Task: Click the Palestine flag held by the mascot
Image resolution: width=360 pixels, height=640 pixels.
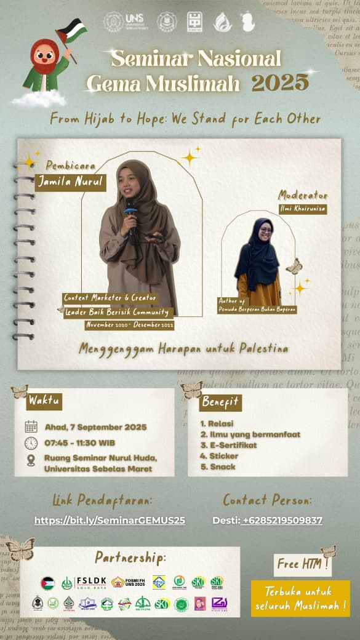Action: point(73,31)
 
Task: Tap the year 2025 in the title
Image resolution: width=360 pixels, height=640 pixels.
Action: point(280,82)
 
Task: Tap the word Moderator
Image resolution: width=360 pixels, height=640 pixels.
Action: point(303,196)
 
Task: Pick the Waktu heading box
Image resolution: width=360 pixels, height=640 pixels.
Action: point(44,401)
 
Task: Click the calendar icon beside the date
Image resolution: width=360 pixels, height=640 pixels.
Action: point(31,426)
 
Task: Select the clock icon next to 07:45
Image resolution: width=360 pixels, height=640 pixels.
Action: point(31,443)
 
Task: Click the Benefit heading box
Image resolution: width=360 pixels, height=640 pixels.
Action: point(220,402)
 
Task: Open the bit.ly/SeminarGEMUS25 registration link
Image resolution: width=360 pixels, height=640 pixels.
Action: point(110,521)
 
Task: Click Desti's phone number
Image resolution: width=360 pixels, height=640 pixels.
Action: point(282,521)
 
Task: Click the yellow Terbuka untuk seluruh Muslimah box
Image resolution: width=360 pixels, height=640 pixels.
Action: point(300,598)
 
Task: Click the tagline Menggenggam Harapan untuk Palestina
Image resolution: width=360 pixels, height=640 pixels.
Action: point(183,349)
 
